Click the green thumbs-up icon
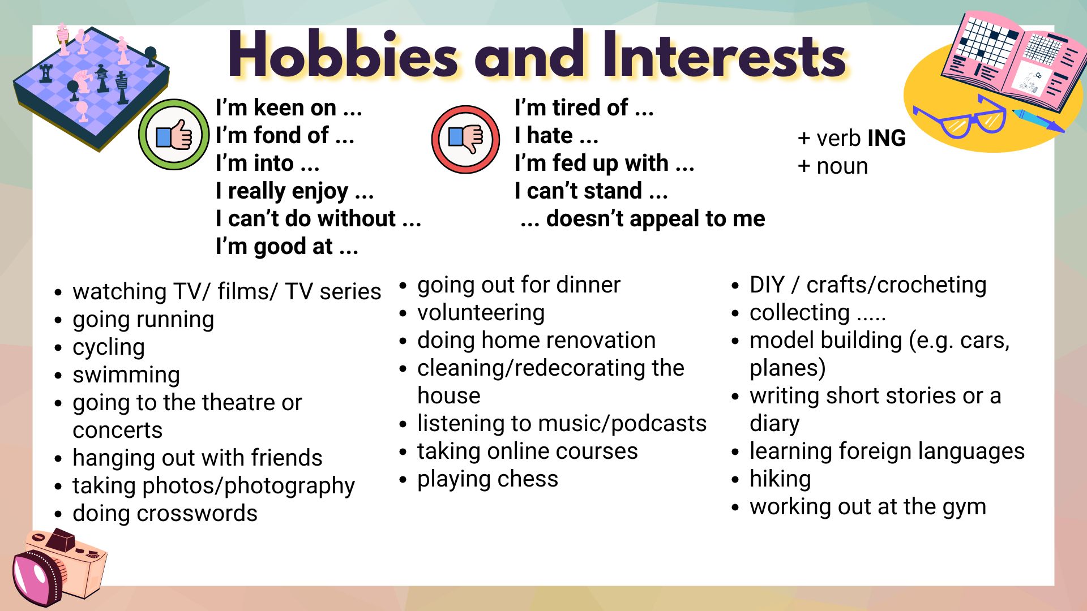174,135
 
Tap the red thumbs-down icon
465,139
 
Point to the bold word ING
886,138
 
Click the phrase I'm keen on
276,107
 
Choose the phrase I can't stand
578,191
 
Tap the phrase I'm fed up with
592,163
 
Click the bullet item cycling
109,347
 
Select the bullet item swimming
126,375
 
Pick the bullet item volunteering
481,312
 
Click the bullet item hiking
780,479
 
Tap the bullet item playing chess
487,479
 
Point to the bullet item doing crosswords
165,513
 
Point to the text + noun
832,166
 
